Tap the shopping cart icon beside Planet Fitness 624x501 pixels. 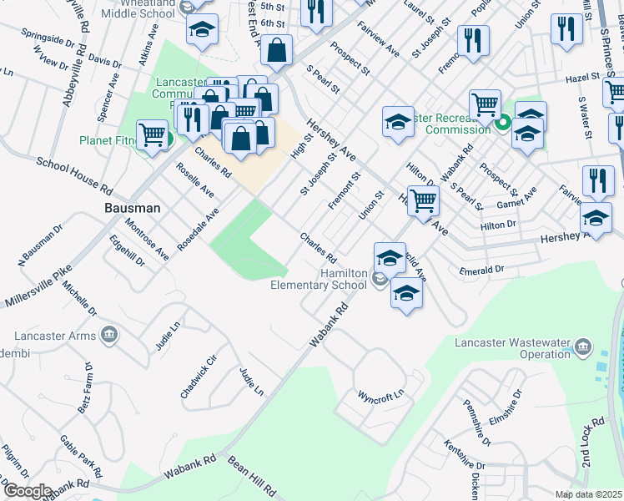click(x=152, y=134)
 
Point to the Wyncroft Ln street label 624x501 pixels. click(x=380, y=393)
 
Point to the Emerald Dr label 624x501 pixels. click(x=482, y=271)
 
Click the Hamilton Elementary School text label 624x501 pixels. click(x=319, y=279)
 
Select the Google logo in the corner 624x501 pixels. click(x=27, y=491)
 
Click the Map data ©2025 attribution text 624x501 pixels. click(x=588, y=494)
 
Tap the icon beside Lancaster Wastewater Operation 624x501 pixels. click(x=583, y=346)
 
